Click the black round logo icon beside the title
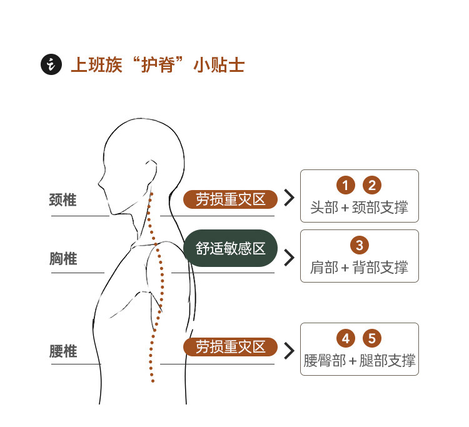pos(50,64)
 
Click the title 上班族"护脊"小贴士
pos(157,65)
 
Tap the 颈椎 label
pos(63,200)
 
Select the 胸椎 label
pos(63,258)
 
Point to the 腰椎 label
pos(63,351)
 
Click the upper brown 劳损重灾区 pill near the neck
pos(230,199)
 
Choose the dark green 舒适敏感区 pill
pos(231,248)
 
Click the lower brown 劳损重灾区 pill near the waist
pos(230,347)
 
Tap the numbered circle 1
pos(346,185)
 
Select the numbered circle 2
pos(372,185)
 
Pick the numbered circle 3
pos(359,244)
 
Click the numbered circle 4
pos(346,339)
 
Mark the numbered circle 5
pos(372,339)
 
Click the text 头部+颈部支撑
pos(359,208)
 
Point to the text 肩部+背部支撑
pos(359,268)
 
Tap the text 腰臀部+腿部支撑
pos(359,361)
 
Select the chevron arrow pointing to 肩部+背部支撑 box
pos(289,258)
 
